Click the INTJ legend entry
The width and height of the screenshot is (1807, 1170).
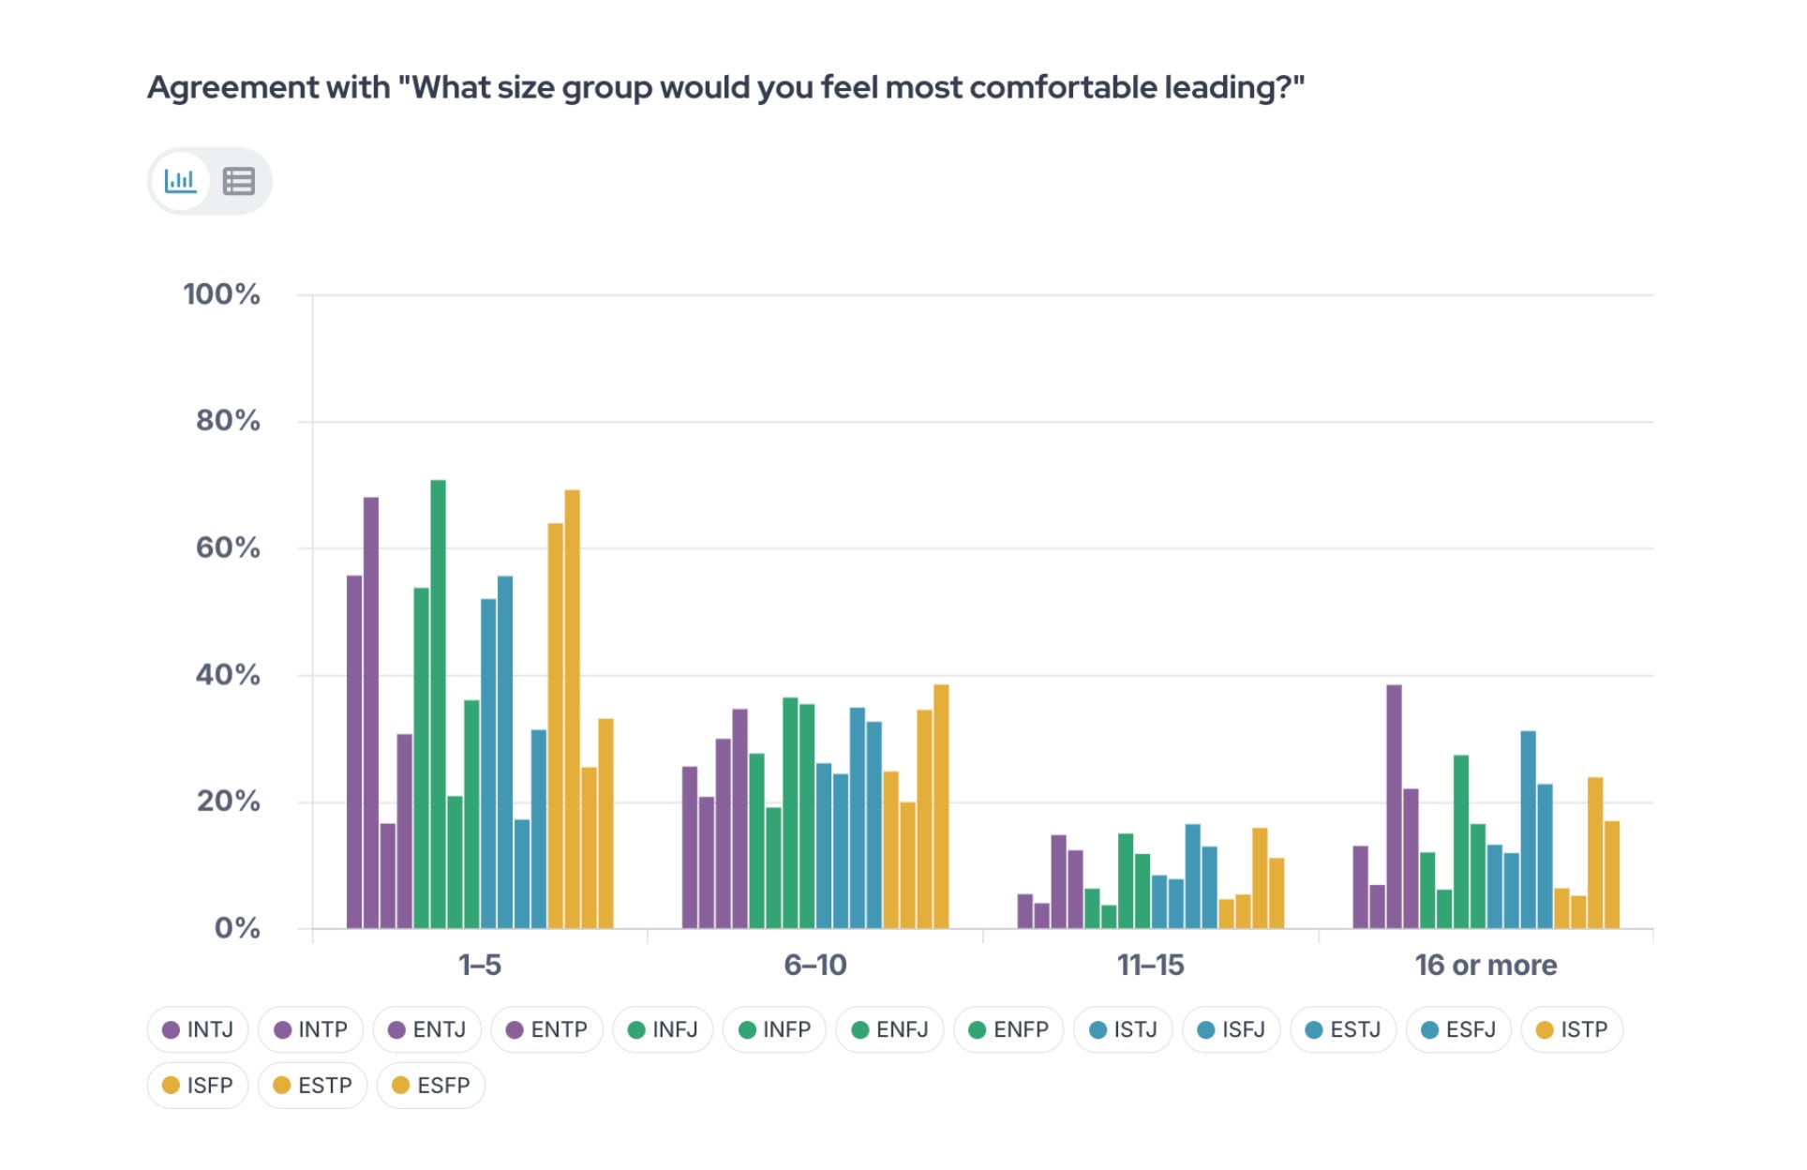point(198,1029)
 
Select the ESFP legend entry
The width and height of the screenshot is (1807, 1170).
point(431,1086)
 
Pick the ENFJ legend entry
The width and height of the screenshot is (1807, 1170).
point(889,1029)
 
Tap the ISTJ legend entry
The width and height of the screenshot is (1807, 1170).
point(1123,1029)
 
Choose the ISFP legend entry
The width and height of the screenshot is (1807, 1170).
point(198,1086)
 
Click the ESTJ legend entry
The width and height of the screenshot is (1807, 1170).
point(1343,1029)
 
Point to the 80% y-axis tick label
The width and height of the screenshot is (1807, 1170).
point(228,421)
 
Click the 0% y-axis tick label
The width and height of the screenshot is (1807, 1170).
point(237,928)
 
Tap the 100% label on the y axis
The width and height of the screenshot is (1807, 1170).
point(222,294)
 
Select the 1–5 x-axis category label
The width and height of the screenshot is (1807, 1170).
point(480,965)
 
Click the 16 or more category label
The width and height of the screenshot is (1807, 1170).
point(1486,965)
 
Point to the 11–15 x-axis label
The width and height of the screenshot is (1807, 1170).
point(1151,965)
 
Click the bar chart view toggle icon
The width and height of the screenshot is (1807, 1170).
point(180,180)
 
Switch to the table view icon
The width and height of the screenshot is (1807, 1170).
point(238,181)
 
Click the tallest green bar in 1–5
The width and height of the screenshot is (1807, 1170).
point(438,704)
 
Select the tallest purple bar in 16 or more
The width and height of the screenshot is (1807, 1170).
point(1394,807)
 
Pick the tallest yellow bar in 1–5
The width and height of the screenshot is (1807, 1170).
point(572,710)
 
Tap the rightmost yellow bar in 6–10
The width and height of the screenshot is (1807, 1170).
point(941,807)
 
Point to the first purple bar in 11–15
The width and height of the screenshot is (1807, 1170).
point(1024,911)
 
